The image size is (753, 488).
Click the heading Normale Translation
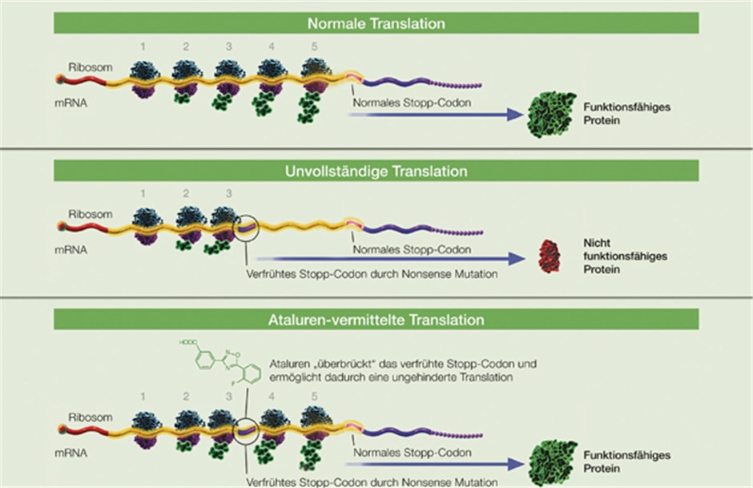point(376,23)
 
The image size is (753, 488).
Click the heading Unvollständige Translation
point(376,171)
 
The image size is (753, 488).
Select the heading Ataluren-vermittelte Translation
point(376,320)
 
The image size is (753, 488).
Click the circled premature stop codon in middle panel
point(247,228)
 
